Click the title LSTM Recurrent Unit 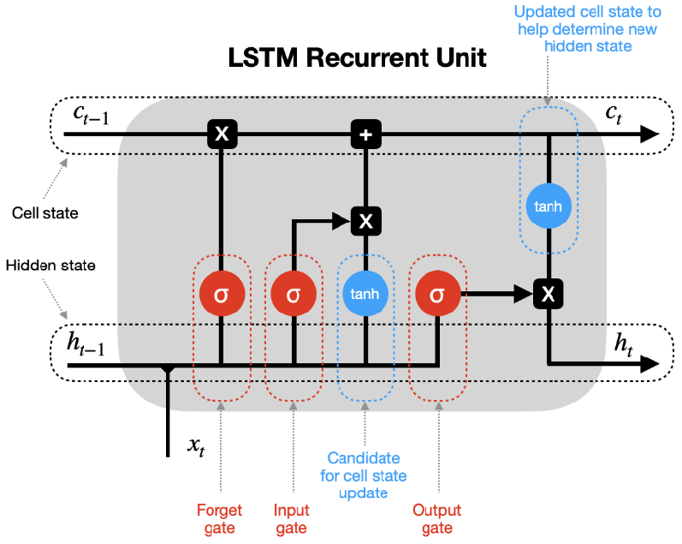click(357, 59)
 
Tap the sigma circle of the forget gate click(221, 295)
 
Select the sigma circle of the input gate click(294, 295)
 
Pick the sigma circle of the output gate click(437, 295)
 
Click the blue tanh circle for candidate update click(365, 295)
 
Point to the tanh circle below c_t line click(548, 206)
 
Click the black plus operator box click(365, 134)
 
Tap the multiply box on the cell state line click(221, 134)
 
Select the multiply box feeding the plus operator click(365, 221)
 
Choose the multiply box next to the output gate click(548, 295)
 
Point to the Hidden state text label click(50, 266)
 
